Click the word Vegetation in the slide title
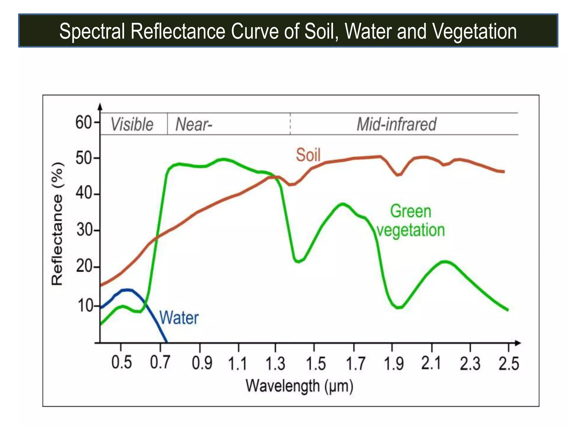click(x=474, y=31)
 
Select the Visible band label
click(x=132, y=124)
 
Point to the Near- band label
click(x=194, y=124)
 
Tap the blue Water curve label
click(x=179, y=318)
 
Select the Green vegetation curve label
click(x=411, y=221)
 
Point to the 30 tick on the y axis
click(x=84, y=230)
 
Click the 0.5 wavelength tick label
click(x=122, y=362)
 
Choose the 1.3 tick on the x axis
click(x=275, y=364)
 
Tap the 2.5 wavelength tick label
click(x=509, y=364)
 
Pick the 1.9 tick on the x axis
click(x=393, y=364)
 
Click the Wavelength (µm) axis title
click(x=300, y=386)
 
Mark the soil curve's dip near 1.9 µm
click(x=398, y=175)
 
